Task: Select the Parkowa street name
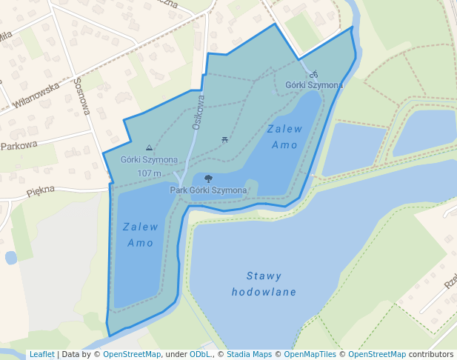[x=19, y=146]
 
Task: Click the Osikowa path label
[x=198, y=111]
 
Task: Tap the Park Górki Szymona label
[x=208, y=190]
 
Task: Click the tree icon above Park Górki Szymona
[x=208, y=179]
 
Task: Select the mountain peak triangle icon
[x=150, y=148]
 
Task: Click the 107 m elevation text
[x=149, y=173]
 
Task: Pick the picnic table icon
[x=224, y=139]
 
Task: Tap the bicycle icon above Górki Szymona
[x=313, y=74]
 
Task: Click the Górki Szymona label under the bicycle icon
[x=314, y=85]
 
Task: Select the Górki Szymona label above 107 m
[x=149, y=160]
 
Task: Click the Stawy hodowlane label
[x=264, y=284]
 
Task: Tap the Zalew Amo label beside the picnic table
[x=284, y=136]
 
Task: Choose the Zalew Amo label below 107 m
[x=140, y=235]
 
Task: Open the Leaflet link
[x=41, y=355]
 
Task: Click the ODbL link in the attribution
[x=199, y=355]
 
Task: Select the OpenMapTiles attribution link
[x=311, y=355]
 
